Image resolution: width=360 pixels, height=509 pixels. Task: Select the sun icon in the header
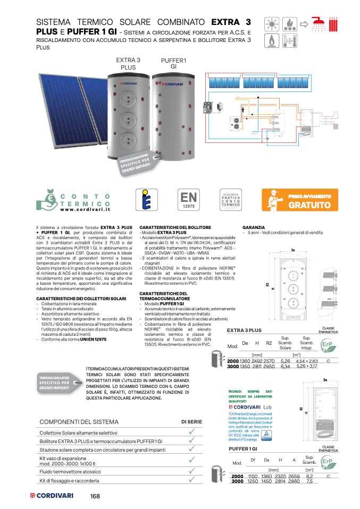pyautogui.click(x=273, y=24)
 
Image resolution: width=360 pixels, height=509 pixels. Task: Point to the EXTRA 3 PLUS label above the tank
pyautogui.click(x=128, y=64)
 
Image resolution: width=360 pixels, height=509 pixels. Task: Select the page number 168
pyautogui.click(x=95, y=496)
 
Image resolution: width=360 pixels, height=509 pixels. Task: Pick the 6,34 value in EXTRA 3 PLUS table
pyautogui.click(x=285, y=367)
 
